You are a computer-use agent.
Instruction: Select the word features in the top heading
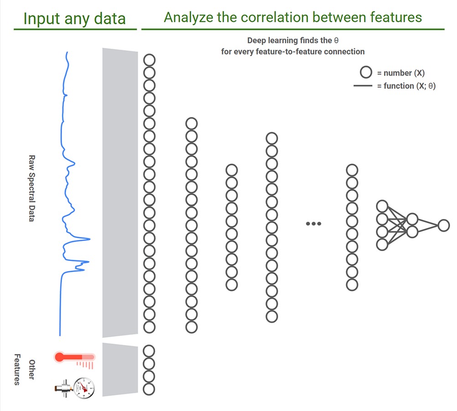click(x=395, y=18)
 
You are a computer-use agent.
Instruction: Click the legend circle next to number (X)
click(x=366, y=72)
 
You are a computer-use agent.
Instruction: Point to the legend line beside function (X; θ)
click(x=363, y=86)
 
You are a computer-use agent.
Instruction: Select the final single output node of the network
click(x=443, y=225)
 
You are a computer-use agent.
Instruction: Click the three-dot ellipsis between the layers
click(x=314, y=224)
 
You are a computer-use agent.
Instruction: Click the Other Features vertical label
click(x=24, y=370)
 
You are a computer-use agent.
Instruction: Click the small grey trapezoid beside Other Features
click(x=120, y=370)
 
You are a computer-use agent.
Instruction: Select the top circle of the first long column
click(x=149, y=60)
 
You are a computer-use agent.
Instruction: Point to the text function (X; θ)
click(x=406, y=86)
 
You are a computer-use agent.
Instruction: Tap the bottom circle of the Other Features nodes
click(x=149, y=389)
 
